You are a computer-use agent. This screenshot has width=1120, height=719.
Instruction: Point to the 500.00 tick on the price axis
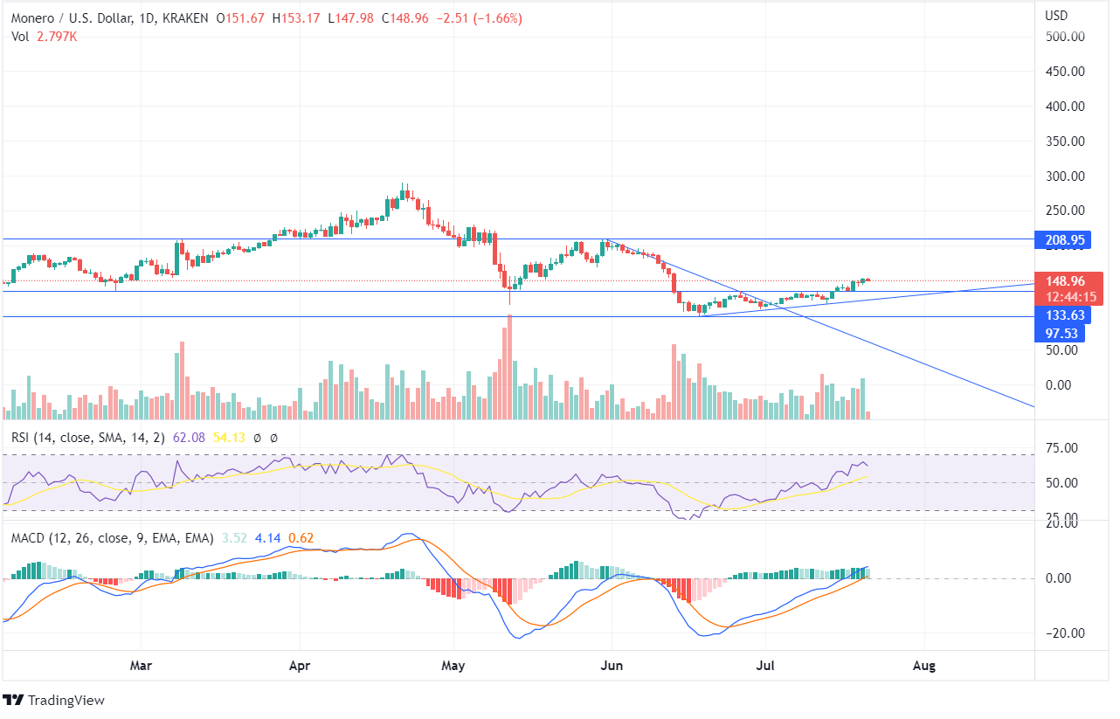click(1065, 37)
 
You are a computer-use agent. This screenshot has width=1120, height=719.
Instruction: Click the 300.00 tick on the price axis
click(1065, 176)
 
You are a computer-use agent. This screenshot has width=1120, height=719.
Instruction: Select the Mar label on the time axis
click(141, 666)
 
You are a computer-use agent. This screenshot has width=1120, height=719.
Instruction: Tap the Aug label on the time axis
click(923, 666)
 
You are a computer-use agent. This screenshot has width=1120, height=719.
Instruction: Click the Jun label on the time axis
click(612, 666)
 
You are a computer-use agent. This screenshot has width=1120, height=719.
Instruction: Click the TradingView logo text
click(66, 701)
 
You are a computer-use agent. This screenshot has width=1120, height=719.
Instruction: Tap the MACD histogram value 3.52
click(233, 538)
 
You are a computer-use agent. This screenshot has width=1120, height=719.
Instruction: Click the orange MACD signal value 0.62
click(301, 538)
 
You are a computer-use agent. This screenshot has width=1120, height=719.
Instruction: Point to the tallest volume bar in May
click(509, 367)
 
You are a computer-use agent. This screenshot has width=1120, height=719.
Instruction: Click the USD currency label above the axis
click(1058, 15)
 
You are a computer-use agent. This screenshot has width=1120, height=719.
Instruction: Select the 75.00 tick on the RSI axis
click(1062, 448)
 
